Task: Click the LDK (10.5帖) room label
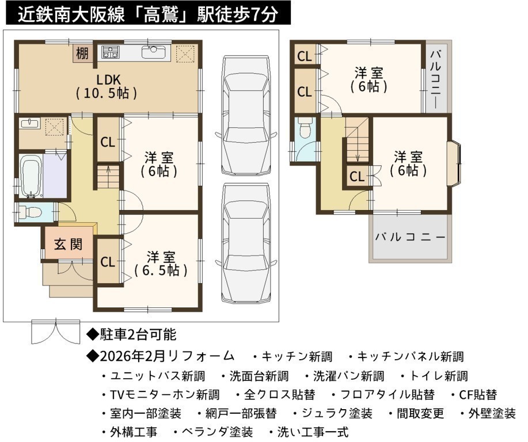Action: click(x=107, y=86)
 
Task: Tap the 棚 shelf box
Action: click(x=82, y=53)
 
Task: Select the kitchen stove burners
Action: click(x=111, y=51)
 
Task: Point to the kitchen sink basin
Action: click(x=154, y=51)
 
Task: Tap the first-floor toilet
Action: click(x=29, y=212)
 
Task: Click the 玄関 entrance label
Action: click(x=69, y=244)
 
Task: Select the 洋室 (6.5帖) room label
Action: click(x=161, y=264)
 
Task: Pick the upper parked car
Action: click(x=246, y=115)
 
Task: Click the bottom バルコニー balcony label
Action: click(x=410, y=237)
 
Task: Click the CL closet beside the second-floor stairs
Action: click(x=357, y=176)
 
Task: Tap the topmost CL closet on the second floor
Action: click(x=305, y=56)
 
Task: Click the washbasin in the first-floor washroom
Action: click(x=29, y=123)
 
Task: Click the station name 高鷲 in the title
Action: click(x=160, y=14)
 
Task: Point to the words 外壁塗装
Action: click(x=492, y=413)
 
